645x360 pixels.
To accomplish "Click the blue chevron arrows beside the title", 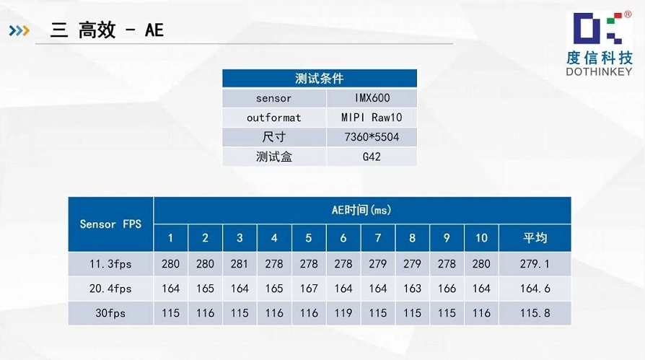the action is pyautogui.click(x=19, y=30).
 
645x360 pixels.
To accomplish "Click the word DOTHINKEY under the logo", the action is pyautogui.click(x=599, y=71).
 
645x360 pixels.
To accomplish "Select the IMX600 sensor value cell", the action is pyautogui.click(x=372, y=98).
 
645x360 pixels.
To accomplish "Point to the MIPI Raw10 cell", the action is pyautogui.click(x=372, y=118).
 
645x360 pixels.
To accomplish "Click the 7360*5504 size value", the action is pyautogui.click(x=372, y=137).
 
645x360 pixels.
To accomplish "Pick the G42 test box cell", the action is pyautogui.click(x=372, y=157).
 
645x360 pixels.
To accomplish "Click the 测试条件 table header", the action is pyautogui.click(x=320, y=78).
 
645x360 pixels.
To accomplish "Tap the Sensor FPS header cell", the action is pyautogui.click(x=110, y=224).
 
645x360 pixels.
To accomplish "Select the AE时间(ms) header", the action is pyautogui.click(x=362, y=210).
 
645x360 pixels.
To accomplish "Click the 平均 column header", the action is pyautogui.click(x=535, y=238).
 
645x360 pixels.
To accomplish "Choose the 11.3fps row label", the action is pyautogui.click(x=110, y=264).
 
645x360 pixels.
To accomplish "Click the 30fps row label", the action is pyautogui.click(x=110, y=313).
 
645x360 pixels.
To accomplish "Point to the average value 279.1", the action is pyautogui.click(x=535, y=264).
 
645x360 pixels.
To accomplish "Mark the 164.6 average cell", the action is pyautogui.click(x=535, y=289).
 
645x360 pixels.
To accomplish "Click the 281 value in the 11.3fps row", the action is pyautogui.click(x=240, y=264).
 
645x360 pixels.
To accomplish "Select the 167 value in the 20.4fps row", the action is pyautogui.click(x=309, y=289).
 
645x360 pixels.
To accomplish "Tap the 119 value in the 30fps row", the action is pyautogui.click(x=343, y=313).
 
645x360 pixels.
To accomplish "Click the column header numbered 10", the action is pyautogui.click(x=481, y=238).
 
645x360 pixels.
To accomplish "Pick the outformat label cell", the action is pyautogui.click(x=274, y=118).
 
